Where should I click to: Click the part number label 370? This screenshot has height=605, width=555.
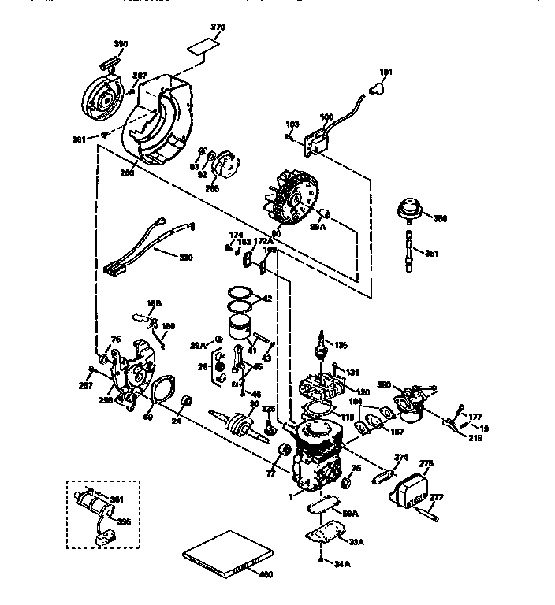coord(218,28)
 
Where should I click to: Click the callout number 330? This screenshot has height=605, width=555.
coord(185,258)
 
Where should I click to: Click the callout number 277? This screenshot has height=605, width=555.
coord(436,498)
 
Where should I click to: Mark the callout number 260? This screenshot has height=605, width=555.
coord(127,173)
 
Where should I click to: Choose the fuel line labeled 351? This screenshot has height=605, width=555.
coord(409,252)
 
